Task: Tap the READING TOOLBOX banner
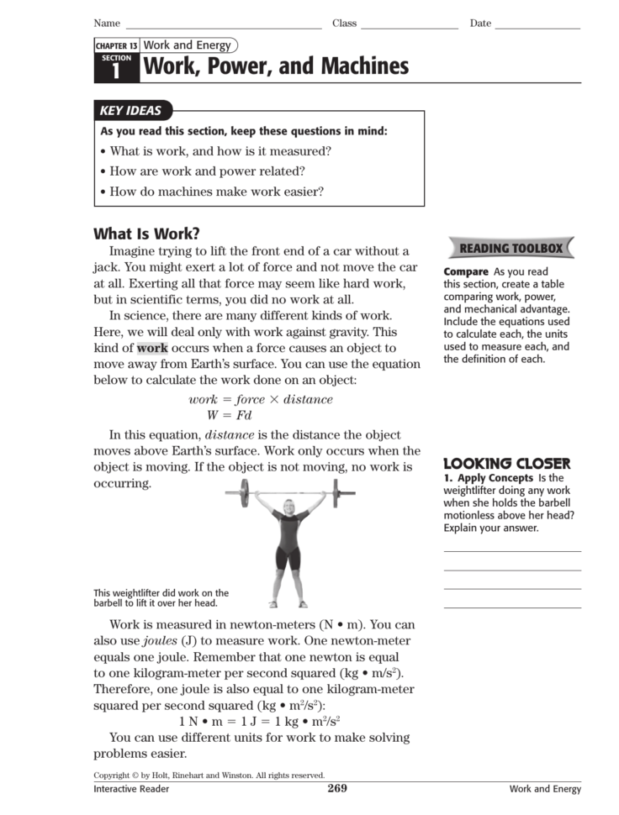[x=511, y=248]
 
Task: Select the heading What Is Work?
[x=146, y=234]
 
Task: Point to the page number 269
[x=337, y=788]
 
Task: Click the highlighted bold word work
[x=152, y=348]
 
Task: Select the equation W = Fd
[x=230, y=415]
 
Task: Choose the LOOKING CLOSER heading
[x=506, y=463]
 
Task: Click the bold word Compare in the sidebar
[x=466, y=271]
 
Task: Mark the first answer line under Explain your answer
[x=511, y=551]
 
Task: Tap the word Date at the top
[x=480, y=24]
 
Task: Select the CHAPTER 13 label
[x=116, y=45]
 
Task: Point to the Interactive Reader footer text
[x=131, y=789]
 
